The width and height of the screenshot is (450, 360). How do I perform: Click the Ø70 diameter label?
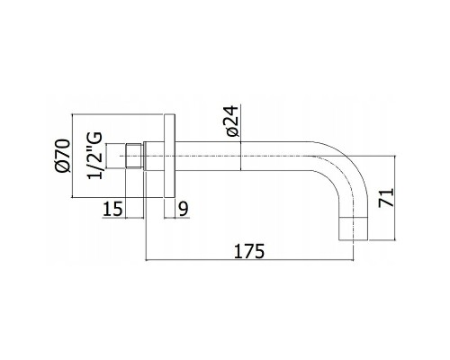[x=63, y=156]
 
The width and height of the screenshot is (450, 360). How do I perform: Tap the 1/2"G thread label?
[x=94, y=156]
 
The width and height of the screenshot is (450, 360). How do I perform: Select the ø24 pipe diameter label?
[x=232, y=121]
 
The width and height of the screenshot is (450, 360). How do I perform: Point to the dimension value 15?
[x=112, y=209]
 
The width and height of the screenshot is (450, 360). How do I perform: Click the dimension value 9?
[x=184, y=209]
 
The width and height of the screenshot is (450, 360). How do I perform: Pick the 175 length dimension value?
[x=249, y=251]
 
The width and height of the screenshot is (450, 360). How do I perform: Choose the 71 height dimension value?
[x=386, y=198]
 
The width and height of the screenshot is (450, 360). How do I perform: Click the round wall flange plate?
[x=169, y=156]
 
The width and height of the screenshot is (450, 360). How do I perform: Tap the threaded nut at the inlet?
[x=133, y=156]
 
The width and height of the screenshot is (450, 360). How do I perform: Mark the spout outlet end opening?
[x=354, y=239]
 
